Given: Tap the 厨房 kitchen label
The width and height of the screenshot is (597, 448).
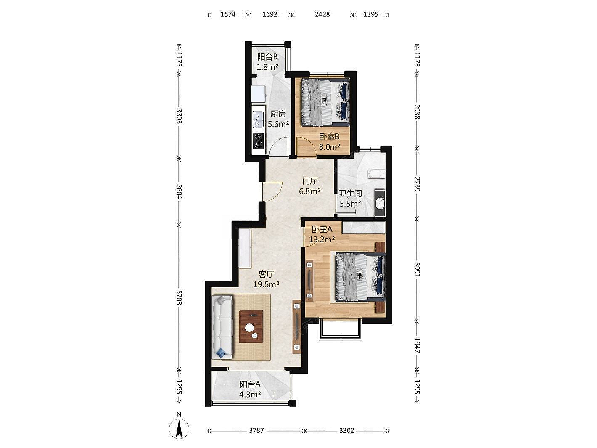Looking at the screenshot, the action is pyautogui.click(x=278, y=114).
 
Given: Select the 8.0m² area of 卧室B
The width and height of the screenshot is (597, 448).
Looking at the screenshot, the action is pyautogui.click(x=329, y=147).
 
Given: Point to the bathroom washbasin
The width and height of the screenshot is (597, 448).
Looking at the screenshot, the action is pyautogui.click(x=380, y=203).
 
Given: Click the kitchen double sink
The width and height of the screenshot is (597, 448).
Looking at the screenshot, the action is pyautogui.click(x=68, y=119).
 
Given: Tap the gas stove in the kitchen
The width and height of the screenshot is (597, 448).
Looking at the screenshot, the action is pyautogui.click(x=68, y=141).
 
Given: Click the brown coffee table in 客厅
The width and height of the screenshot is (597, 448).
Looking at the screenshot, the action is pyautogui.click(x=251, y=326).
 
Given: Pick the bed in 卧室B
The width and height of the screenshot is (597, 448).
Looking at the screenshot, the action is pyautogui.click(x=325, y=102).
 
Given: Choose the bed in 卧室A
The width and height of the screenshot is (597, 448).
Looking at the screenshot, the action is pyautogui.click(x=361, y=277).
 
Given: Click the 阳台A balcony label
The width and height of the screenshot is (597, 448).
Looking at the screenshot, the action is pyautogui.click(x=250, y=384).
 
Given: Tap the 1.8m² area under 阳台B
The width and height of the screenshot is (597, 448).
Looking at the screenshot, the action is pyautogui.click(x=268, y=67).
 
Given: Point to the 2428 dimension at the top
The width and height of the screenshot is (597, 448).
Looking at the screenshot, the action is pyautogui.click(x=322, y=14).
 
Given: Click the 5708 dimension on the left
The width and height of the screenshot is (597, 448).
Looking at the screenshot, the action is pyautogui.click(x=179, y=297).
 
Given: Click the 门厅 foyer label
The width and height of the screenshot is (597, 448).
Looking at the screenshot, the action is pyautogui.click(x=310, y=181).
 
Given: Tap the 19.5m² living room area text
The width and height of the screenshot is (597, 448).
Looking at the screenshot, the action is pyautogui.click(x=266, y=284).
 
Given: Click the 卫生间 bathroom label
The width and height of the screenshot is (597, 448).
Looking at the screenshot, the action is pyautogui.click(x=350, y=194).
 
